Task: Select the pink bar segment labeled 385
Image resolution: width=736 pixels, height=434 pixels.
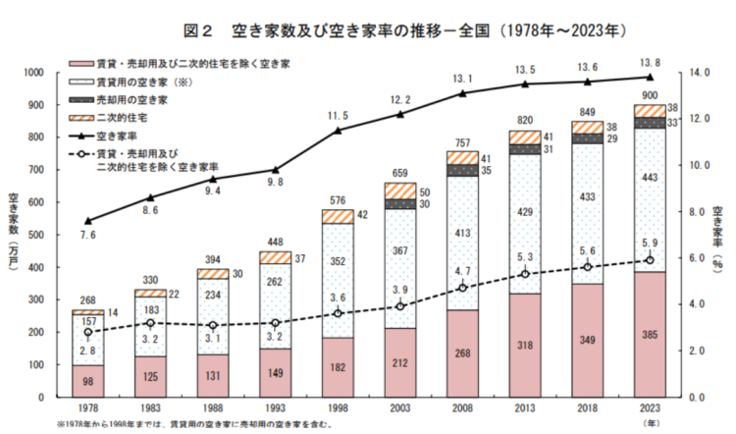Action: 649,334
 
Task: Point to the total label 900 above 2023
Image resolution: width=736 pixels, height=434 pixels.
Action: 649,95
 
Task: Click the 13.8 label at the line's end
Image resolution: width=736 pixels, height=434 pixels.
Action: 649,63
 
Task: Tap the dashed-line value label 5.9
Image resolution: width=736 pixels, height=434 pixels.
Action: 649,244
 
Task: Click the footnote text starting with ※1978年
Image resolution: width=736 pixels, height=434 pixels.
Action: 196,425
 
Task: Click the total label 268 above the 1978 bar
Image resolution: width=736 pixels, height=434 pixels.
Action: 88,300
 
